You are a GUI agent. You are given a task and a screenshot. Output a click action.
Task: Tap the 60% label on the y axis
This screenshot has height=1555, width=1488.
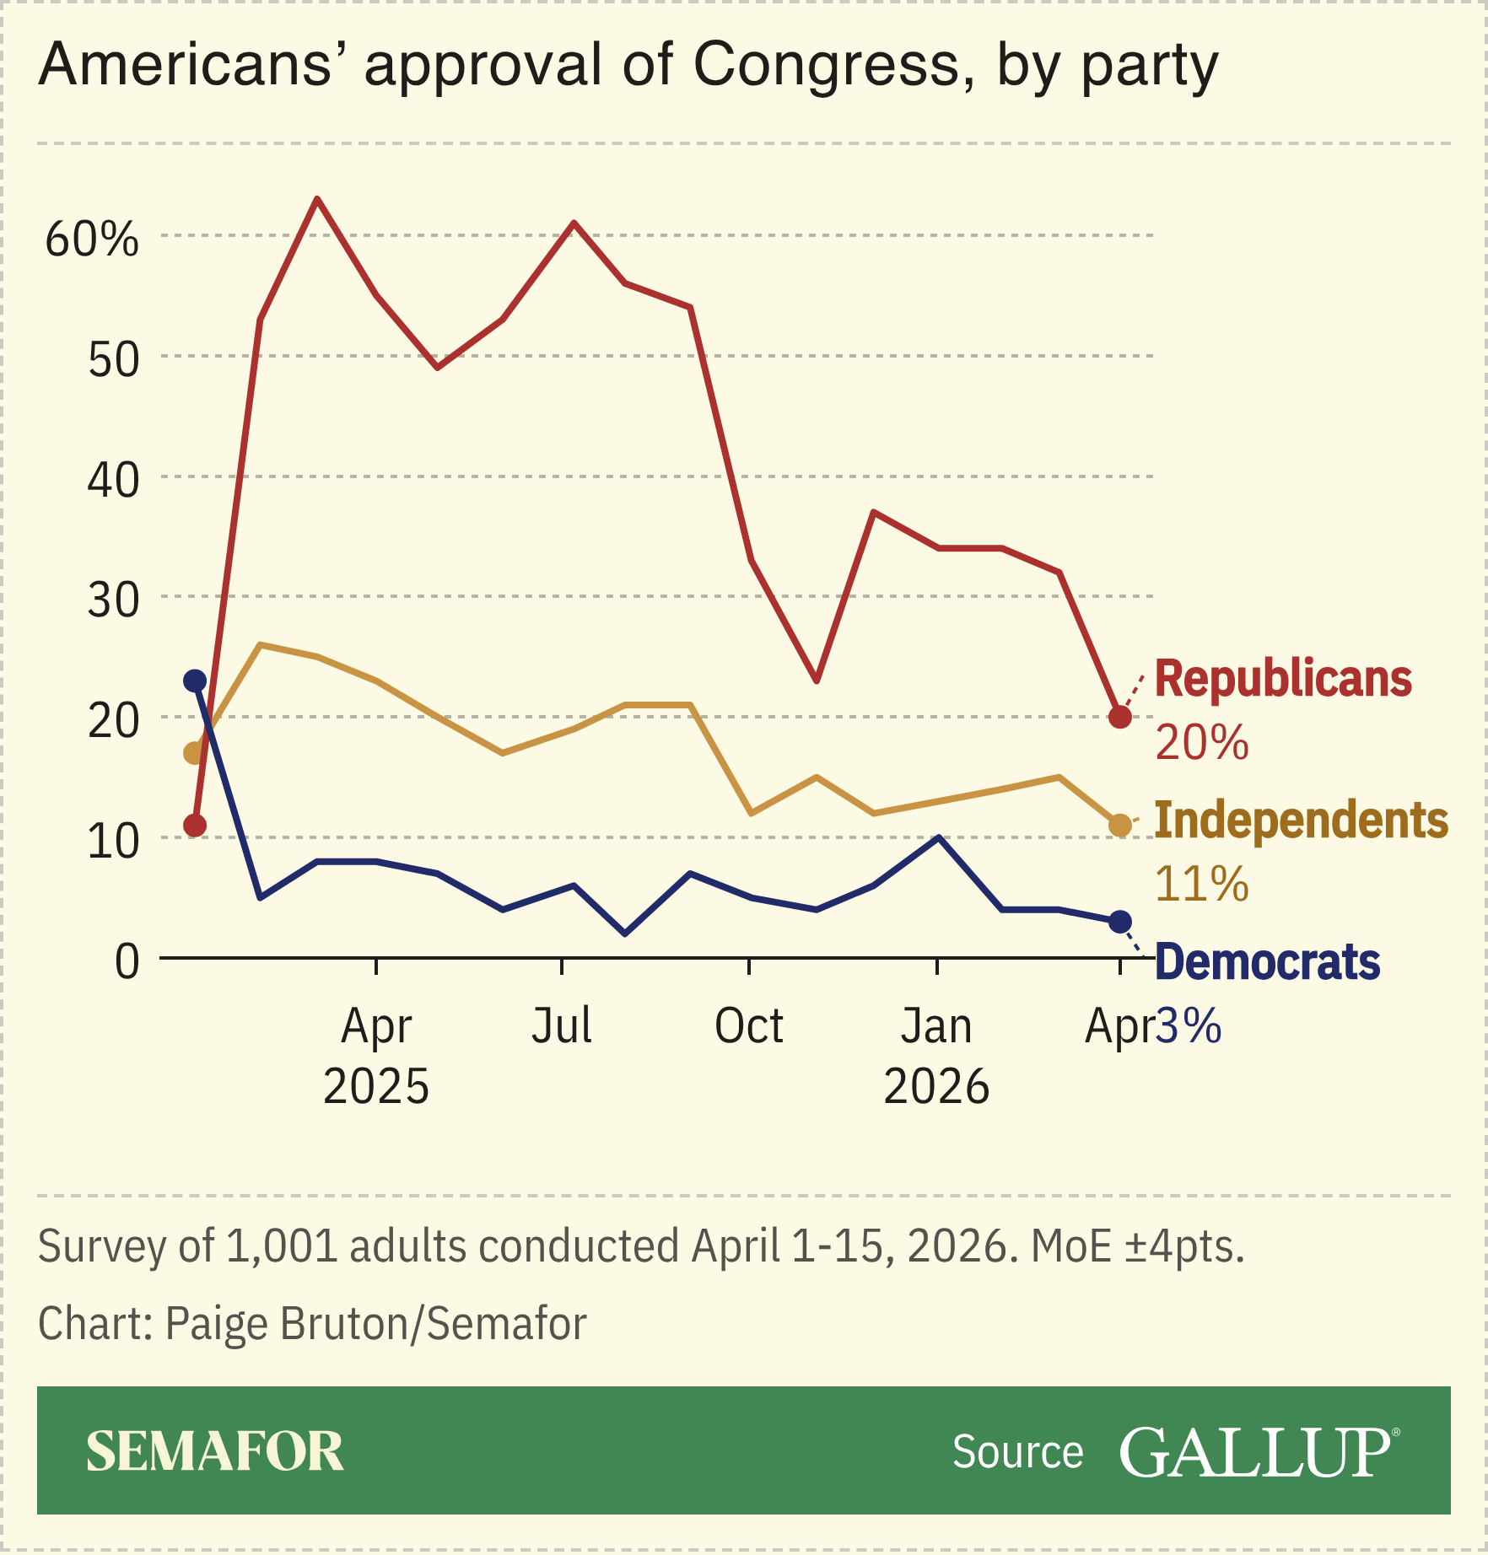click(x=91, y=239)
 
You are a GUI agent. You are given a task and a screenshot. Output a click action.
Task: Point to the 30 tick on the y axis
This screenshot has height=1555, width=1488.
click(x=113, y=600)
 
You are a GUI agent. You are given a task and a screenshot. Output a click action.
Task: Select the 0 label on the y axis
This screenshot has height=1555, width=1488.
click(x=127, y=961)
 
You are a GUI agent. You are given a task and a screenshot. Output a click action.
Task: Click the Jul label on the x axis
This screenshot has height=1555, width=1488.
click(x=561, y=1026)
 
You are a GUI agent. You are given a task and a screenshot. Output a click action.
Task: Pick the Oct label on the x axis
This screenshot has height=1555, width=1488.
click(x=748, y=1026)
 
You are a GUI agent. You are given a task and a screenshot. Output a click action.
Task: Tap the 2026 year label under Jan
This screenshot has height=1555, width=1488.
click(x=935, y=1086)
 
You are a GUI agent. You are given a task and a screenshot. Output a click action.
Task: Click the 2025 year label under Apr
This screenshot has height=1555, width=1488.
click(x=376, y=1086)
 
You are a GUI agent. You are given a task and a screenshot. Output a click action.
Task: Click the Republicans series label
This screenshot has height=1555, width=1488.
click(x=1282, y=679)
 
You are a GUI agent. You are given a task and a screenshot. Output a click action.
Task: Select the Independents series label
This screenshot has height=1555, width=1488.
click(x=1301, y=821)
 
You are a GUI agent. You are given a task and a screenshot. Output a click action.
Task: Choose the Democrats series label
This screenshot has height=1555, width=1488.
click(x=1267, y=962)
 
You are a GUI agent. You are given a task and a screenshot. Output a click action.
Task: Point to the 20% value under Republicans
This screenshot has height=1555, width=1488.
click(x=1201, y=743)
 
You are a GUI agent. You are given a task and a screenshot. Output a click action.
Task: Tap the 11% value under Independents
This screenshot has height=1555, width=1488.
click(x=1201, y=885)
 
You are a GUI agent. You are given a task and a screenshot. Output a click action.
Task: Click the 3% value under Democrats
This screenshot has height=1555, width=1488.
click(x=1188, y=1026)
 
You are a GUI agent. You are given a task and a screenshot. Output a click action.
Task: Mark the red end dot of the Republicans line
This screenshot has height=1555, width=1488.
click(x=1119, y=717)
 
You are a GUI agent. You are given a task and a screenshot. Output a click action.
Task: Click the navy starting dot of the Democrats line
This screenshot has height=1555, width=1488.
click(x=195, y=681)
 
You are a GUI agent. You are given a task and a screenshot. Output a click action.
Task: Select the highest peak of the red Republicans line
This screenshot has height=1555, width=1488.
click(x=316, y=199)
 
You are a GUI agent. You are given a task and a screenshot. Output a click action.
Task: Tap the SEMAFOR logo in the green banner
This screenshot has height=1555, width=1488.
click(x=215, y=1452)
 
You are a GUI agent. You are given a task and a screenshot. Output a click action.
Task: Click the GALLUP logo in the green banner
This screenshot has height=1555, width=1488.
click(x=1257, y=1452)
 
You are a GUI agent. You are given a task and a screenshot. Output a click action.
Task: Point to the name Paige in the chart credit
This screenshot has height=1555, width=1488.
click(x=218, y=1323)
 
